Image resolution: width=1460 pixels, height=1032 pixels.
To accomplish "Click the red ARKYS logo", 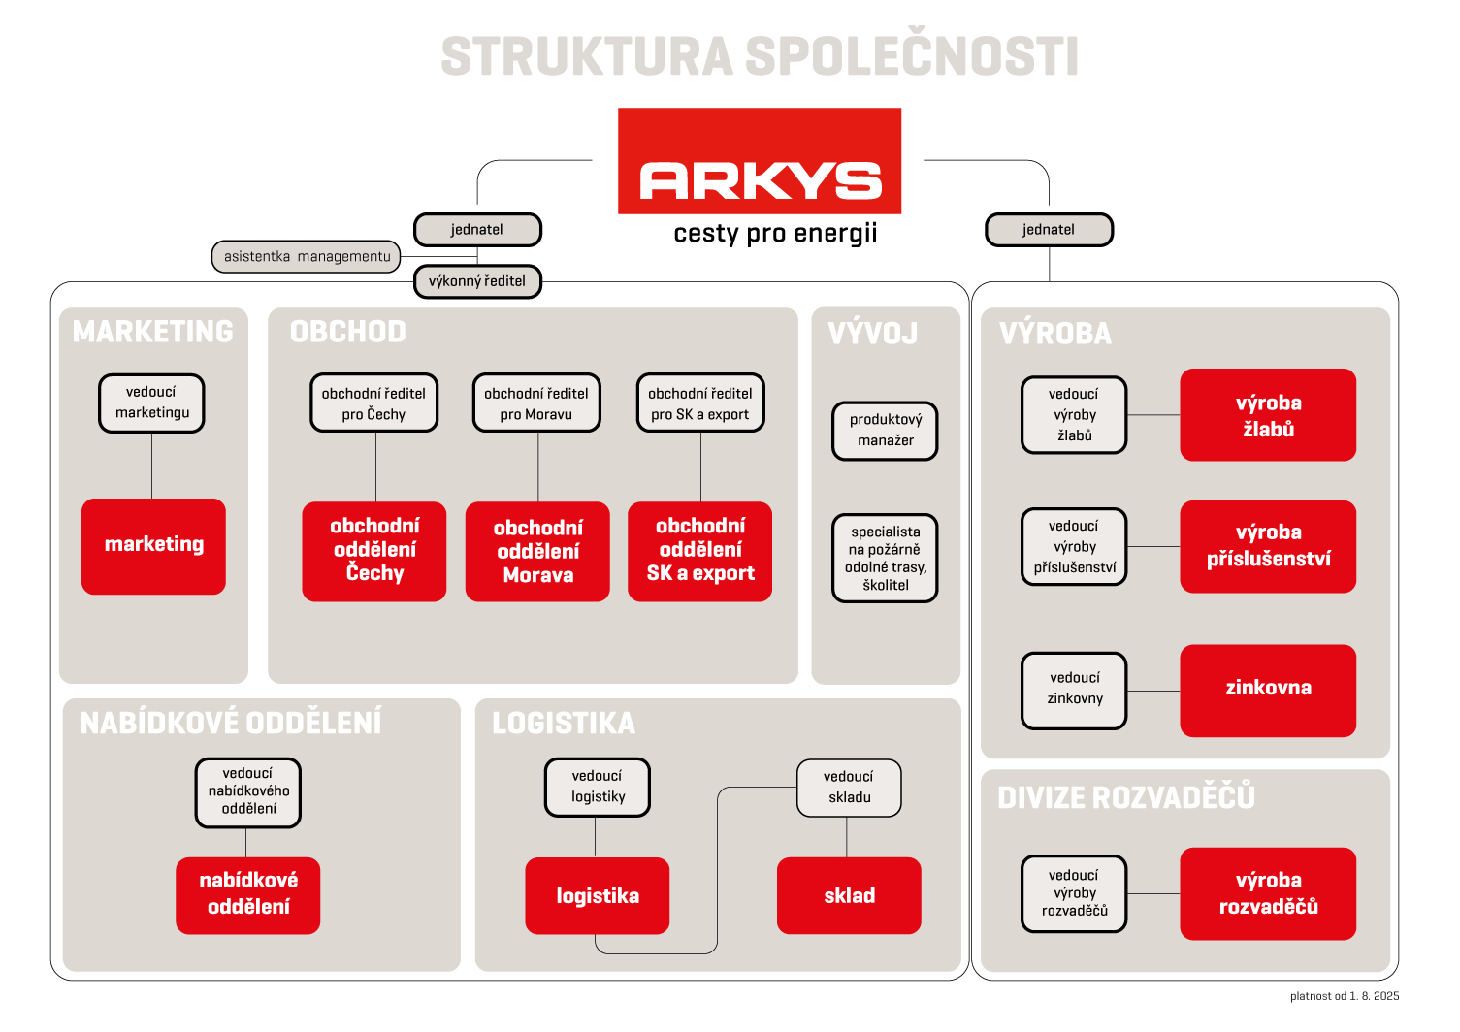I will coord(760,161).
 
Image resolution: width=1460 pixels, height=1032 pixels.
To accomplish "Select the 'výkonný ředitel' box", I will coord(477,281).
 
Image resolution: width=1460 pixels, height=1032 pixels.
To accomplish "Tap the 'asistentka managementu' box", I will coord(307,257).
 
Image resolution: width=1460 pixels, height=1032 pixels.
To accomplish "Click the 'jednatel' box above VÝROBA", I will coord(1049,230).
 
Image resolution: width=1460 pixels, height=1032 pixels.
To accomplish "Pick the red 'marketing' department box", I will coord(153,546).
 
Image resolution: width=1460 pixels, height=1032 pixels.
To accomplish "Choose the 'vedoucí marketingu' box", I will coord(151,403).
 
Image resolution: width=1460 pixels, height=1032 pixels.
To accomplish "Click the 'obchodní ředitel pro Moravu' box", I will coord(536,403).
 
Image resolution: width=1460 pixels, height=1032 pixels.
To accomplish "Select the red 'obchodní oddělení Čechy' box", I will coord(374,551).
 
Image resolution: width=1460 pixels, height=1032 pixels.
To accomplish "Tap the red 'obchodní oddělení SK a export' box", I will coord(700,551).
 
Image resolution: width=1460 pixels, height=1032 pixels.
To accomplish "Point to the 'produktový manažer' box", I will coord(886,431).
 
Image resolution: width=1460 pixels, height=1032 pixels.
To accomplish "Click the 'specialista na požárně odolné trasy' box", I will coord(886,558).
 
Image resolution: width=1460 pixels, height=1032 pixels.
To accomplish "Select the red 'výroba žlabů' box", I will coord(1268,415).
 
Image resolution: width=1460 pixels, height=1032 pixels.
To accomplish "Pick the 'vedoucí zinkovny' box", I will coord(1074,690).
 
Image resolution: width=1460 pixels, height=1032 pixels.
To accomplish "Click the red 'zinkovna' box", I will coord(1268,690).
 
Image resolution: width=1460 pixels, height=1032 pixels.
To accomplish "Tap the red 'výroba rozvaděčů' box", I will coord(1268,893).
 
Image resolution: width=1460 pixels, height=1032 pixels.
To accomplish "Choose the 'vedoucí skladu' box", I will coord(849,788).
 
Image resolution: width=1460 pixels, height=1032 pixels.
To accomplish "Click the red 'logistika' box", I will coord(598,896).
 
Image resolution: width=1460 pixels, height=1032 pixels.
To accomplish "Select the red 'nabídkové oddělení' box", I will coord(248,894).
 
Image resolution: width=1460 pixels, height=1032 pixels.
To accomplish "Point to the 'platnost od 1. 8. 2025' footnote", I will coord(1344,996).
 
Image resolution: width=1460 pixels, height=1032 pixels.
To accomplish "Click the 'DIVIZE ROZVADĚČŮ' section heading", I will coord(1126,797).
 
